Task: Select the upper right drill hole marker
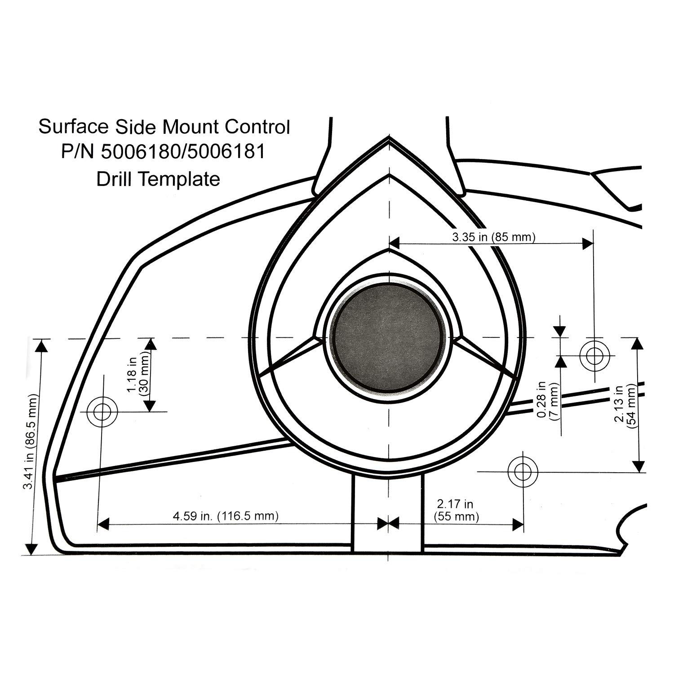point(594,355)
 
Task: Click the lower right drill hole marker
point(523,471)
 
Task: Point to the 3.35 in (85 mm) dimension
point(493,237)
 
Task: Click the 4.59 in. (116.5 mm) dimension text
point(226,516)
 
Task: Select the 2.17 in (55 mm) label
point(456,510)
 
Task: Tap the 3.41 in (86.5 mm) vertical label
point(31,443)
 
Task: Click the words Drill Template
point(158,179)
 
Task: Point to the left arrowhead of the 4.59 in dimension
point(103,524)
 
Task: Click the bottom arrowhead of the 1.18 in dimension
point(150,406)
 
